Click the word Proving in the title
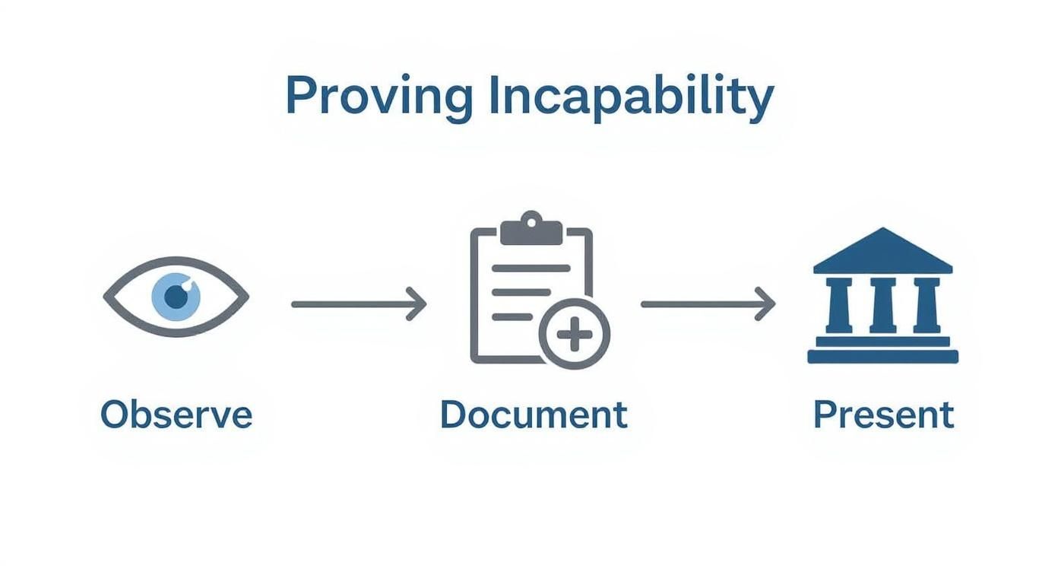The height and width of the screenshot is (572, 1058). point(378,97)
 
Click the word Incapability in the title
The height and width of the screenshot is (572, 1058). point(631,97)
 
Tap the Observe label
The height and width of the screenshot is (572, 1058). point(176,415)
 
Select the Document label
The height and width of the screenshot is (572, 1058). point(534,415)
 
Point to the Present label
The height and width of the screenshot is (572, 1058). point(883,415)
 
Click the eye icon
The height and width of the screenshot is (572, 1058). point(176,297)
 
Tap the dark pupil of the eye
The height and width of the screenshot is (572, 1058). point(176,297)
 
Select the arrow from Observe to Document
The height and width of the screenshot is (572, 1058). point(357,304)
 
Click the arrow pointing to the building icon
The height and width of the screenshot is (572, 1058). point(707,304)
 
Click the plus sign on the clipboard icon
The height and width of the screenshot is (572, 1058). point(575,334)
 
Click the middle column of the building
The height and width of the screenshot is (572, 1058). point(882,304)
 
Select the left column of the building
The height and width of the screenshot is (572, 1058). point(838,304)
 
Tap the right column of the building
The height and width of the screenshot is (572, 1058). point(927,304)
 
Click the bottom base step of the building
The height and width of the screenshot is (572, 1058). point(882,357)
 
